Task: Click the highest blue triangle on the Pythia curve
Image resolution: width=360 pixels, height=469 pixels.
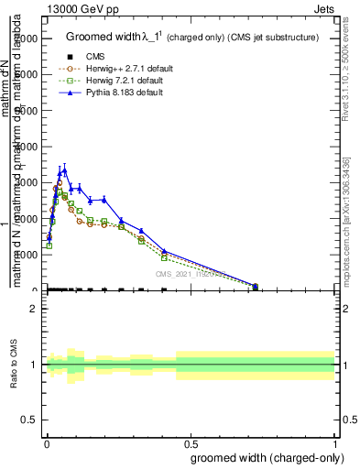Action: coord(64,169)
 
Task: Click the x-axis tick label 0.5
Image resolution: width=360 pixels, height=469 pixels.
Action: coord(191,443)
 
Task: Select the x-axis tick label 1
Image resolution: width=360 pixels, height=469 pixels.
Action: coord(335,443)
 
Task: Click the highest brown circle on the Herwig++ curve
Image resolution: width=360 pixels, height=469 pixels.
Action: coord(59,183)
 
